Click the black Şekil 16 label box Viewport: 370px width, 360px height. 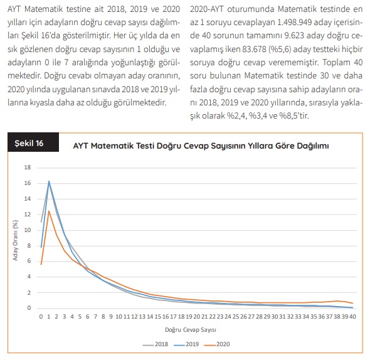(x=33, y=142)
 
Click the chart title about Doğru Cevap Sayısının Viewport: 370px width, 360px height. (x=201, y=146)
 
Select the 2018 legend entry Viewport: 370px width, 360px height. (x=156, y=344)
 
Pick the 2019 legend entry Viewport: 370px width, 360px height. (x=186, y=344)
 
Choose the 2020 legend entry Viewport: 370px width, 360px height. (x=217, y=344)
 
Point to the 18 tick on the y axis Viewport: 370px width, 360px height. (x=28, y=167)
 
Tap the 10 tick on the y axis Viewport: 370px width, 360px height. (x=28, y=230)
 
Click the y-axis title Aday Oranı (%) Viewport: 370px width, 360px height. (x=15, y=240)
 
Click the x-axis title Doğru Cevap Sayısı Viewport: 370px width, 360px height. (x=191, y=330)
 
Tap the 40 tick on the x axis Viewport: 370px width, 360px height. (x=352, y=317)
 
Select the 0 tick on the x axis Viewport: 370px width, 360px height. (x=41, y=317)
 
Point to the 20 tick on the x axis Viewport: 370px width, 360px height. (x=197, y=317)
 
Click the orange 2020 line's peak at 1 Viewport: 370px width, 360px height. (x=49, y=211)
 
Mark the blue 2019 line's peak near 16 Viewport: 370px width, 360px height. (x=49, y=181)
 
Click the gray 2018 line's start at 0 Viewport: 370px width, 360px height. (x=41, y=222)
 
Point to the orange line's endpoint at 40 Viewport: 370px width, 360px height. (x=352, y=303)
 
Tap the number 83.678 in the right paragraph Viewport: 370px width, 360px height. (x=254, y=49)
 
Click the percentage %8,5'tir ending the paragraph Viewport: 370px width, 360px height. (x=294, y=115)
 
